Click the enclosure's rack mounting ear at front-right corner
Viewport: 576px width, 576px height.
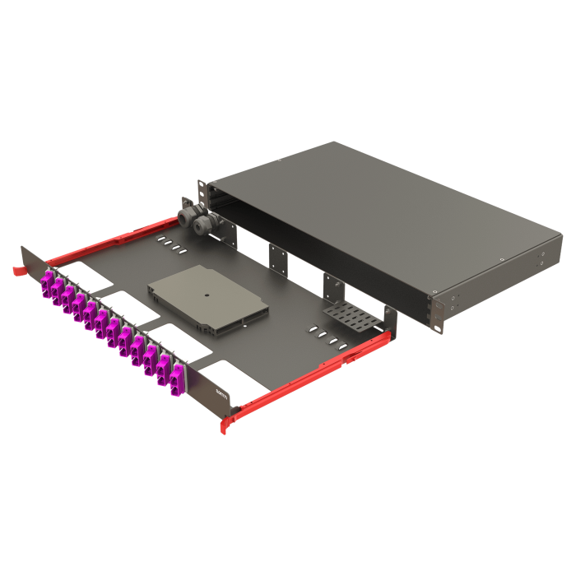[x=433, y=311]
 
